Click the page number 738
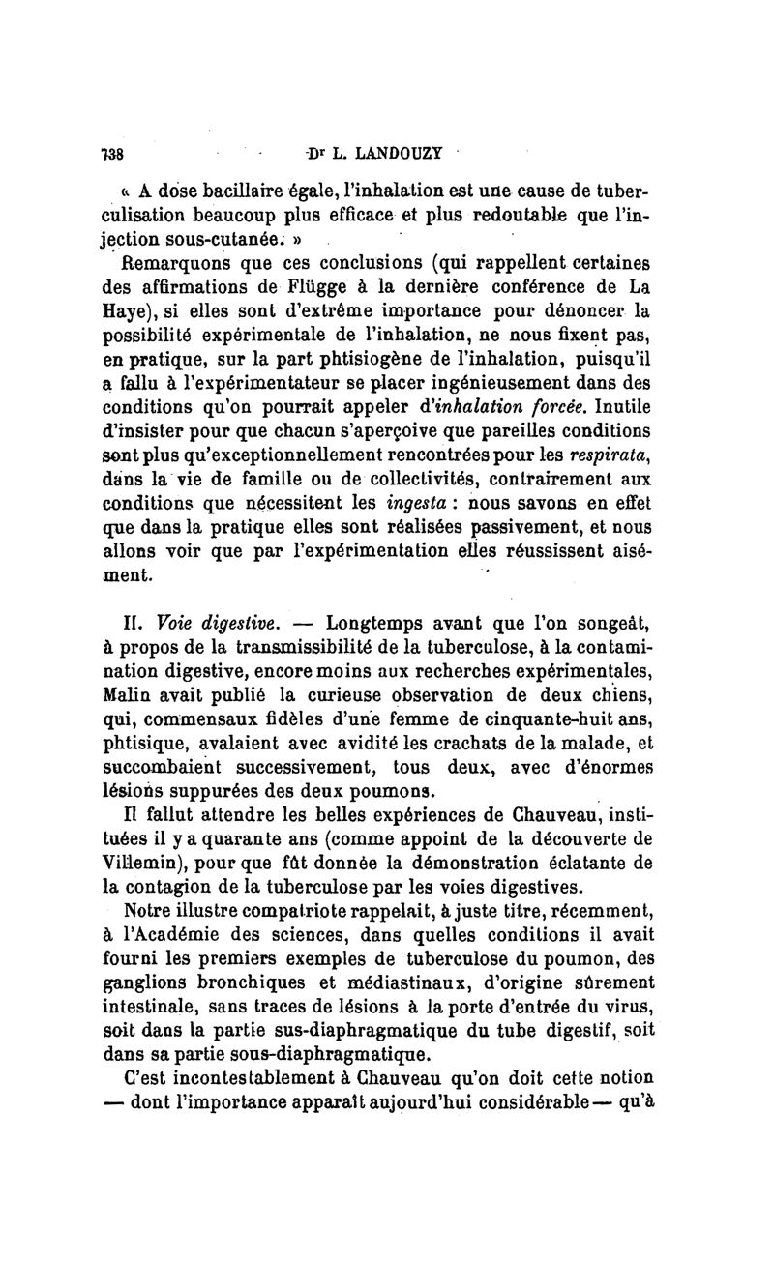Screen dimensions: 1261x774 pyautogui.click(x=116, y=153)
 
